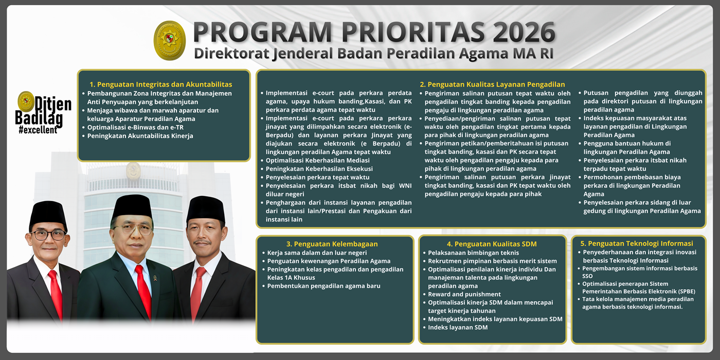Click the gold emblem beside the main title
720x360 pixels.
click(170, 40)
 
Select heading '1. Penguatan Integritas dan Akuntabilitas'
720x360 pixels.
click(161, 84)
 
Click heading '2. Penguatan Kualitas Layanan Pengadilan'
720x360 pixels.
click(492, 84)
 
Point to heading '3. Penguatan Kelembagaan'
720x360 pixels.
click(332, 244)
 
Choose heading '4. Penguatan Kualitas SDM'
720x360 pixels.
click(492, 244)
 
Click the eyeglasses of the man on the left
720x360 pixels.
click(48, 235)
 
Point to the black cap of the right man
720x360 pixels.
click(206, 208)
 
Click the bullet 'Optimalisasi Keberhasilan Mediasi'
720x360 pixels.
click(317, 160)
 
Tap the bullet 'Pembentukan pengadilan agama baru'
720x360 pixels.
click(323, 286)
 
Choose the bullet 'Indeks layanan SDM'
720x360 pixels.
click(458, 327)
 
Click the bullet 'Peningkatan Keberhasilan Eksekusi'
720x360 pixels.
click(319, 169)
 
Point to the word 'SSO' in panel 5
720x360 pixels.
click(587, 276)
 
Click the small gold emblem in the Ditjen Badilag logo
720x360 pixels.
click(26, 101)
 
